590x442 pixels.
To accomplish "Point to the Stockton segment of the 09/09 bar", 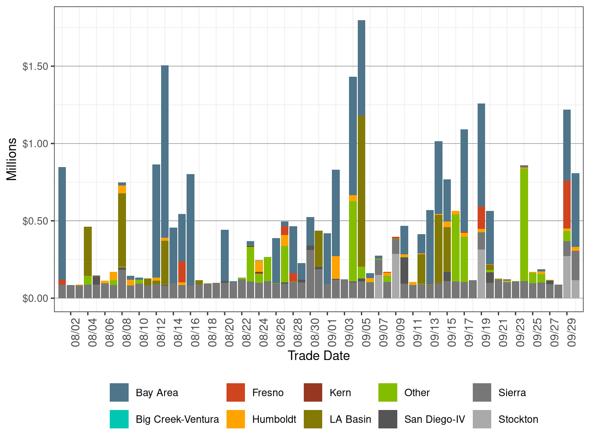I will pos(396,276).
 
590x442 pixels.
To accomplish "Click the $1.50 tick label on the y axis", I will pos(36,66).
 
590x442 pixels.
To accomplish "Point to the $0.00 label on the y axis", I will pos(36,298).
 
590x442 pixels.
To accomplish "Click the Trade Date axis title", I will pos(319,356).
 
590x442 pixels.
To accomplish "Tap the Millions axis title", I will pos(12,159).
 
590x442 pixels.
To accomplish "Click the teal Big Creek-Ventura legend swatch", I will pos(119,419).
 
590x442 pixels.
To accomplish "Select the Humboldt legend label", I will pos(274,419).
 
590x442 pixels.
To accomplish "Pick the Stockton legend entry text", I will pos(518,419).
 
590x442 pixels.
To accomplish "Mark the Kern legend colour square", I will pos(313,392).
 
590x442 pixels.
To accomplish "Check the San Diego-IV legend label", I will pos(434,419).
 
